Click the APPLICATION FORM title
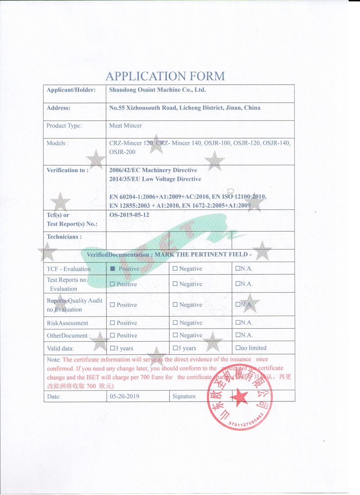click(x=165, y=76)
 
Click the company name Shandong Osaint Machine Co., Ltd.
click(x=157, y=90)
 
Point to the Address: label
click(x=58, y=108)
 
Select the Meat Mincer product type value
click(x=126, y=125)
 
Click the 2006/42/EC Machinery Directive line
click(x=153, y=170)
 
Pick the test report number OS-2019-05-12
click(x=129, y=215)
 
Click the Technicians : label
click(x=64, y=236)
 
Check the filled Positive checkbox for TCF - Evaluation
click(x=112, y=269)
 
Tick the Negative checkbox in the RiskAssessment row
click(x=175, y=323)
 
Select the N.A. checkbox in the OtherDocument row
click(x=238, y=335)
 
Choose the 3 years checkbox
click(x=112, y=348)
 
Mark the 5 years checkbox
click(x=175, y=348)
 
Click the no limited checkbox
click(x=238, y=348)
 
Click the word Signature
click(x=184, y=397)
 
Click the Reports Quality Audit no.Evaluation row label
click(x=74, y=305)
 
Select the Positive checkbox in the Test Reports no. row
click(x=112, y=284)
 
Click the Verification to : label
click(x=67, y=170)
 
